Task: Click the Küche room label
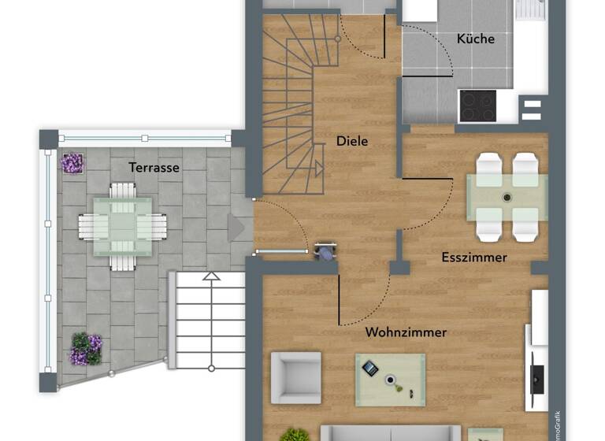pos(475,38)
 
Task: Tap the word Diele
pos(352,142)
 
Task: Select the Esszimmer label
pos(474,258)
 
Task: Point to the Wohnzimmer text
pos(406,332)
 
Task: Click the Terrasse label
pos(154,167)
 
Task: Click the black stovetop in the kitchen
pos(477,105)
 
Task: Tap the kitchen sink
pos(531,9)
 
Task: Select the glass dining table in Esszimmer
pos(507,197)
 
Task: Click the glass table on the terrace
pos(122,226)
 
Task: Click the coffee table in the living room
pos(390,379)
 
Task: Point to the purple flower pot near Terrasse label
pos(72,163)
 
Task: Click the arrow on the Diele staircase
pos(319,169)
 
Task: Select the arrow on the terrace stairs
pos(210,276)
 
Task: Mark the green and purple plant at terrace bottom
pos(86,349)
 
